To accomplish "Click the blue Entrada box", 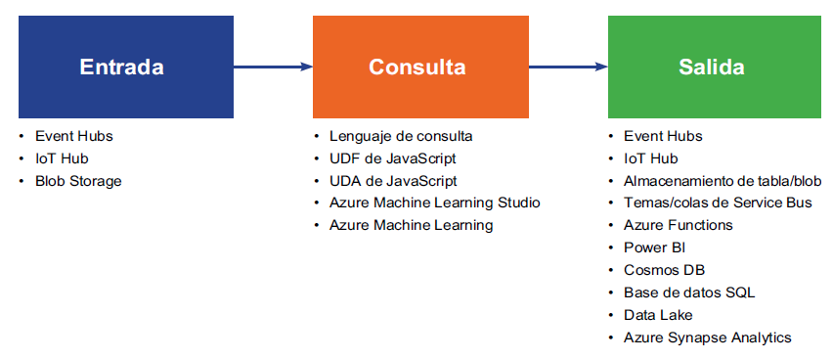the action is click(x=126, y=67).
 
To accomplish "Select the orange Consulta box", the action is click(x=420, y=67).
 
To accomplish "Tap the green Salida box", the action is click(x=715, y=67).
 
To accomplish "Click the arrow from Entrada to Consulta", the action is click(x=273, y=67).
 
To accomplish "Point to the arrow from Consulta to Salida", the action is click(x=568, y=67).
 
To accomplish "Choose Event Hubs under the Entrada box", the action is click(x=74, y=136).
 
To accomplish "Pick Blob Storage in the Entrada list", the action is click(x=78, y=181).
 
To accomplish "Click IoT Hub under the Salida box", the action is click(x=651, y=158).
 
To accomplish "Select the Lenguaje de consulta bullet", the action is click(x=401, y=136).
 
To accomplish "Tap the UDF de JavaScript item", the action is click(x=393, y=158).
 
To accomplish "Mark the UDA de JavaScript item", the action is click(x=393, y=181).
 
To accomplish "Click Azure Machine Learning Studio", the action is click(x=434, y=203).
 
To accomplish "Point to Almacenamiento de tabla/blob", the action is click(x=723, y=181).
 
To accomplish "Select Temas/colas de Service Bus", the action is click(x=718, y=203).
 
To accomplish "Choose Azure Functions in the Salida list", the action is click(x=679, y=225).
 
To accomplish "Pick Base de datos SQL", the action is click(x=689, y=292).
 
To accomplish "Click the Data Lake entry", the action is click(x=658, y=315).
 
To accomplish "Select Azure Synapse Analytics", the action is click(x=708, y=337).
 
